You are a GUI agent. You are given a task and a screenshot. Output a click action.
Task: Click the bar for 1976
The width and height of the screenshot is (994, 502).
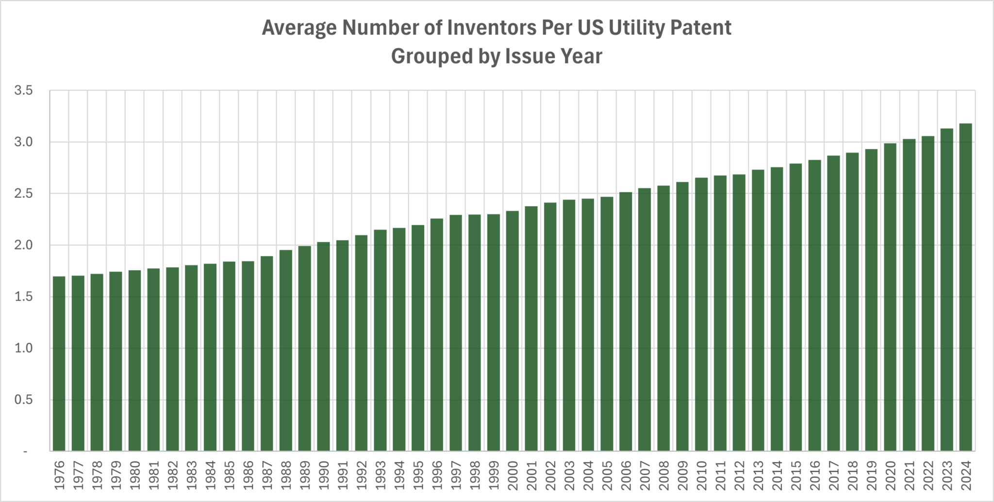(59, 364)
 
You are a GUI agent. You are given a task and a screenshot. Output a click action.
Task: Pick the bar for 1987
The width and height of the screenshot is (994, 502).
(266, 354)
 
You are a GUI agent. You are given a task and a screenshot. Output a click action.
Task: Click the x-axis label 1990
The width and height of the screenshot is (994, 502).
(323, 475)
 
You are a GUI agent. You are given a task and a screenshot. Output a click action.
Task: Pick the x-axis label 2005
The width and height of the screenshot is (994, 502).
(607, 475)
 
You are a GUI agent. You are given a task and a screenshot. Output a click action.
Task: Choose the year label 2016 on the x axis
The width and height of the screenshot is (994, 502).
(814, 475)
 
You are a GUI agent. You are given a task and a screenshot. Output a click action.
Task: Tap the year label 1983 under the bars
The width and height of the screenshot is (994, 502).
(191, 475)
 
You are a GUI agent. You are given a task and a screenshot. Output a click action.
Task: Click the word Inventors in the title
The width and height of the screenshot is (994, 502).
(491, 28)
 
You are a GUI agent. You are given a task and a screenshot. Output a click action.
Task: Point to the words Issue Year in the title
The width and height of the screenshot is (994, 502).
(553, 56)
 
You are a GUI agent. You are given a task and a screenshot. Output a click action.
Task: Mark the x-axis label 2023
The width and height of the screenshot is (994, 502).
(946, 475)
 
